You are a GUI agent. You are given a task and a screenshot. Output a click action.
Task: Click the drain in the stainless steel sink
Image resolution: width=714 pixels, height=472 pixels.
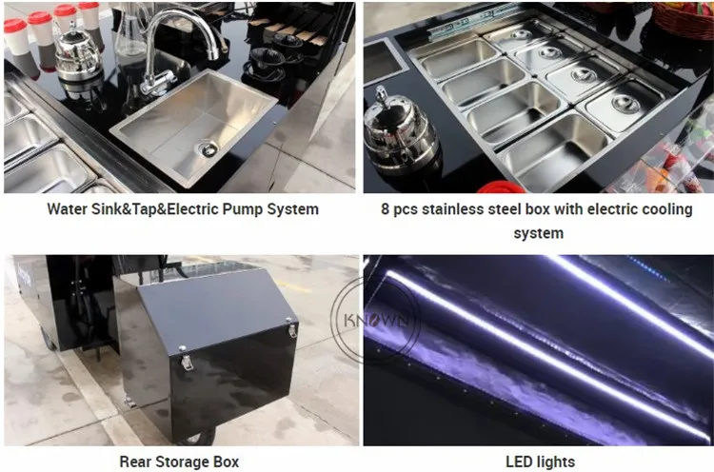pyautogui.click(x=208, y=147)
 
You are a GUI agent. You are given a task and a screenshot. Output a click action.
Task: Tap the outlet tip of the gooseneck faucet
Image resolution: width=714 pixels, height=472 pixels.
pyautogui.click(x=212, y=53)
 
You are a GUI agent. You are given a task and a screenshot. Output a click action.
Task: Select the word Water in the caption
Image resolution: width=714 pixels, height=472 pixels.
pyautogui.click(x=68, y=209)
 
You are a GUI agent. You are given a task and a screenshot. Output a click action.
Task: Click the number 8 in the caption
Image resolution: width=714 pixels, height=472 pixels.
pyautogui.click(x=386, y=209)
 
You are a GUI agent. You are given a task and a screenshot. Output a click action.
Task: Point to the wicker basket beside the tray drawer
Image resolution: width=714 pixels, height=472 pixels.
pyautogui.click(x=684, y=18)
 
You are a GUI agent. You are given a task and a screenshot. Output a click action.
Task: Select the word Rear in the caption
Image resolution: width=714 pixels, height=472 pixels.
pyautogui.click(x=134, y=462)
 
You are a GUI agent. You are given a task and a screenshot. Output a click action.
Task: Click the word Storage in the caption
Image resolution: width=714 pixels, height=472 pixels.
pyautogui.click(x=179, y=462)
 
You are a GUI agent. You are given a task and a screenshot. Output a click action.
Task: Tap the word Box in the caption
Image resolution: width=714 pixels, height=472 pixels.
pyautogui.click(x=225, y=462)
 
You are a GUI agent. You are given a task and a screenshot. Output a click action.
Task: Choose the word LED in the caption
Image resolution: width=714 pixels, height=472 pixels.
pyautogui.click(x=519, y=462)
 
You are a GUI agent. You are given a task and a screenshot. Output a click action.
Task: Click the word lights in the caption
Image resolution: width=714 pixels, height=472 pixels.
pyautogui.click(x=556, y=462)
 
